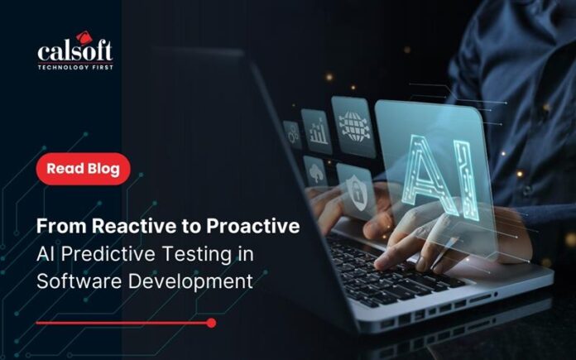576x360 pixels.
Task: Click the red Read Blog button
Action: [84, 169]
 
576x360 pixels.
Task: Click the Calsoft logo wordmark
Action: [75, 51]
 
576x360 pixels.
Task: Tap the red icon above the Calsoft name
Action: [84, 37]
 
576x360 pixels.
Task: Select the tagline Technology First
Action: [75, 67]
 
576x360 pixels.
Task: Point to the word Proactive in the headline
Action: [253, 226]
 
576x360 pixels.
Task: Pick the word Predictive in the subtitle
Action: [108, 254]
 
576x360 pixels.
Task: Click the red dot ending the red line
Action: [211, 324]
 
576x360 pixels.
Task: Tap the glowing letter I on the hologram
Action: [467, 180]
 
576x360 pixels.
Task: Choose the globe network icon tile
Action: [353, 127]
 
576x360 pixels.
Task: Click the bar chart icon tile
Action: [317, 131]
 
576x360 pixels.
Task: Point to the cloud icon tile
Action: [316, 174]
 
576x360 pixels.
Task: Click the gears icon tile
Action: [293, 134]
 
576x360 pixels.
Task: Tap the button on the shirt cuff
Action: [528, 190]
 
